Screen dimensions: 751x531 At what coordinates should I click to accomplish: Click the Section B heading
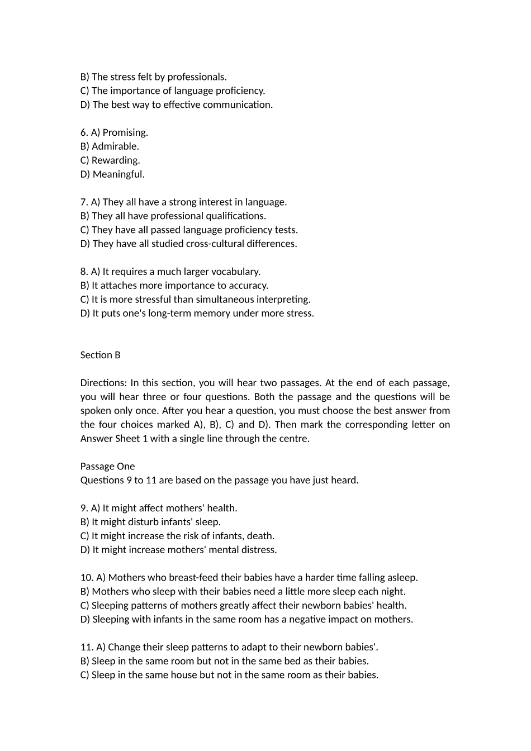click(x=101, y=355)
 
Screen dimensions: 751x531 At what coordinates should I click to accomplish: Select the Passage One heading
click(x=107, y=466)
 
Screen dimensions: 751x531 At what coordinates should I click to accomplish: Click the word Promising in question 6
click(x=125, y=132)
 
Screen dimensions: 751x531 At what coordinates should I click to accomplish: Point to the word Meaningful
click(x=118, y=174)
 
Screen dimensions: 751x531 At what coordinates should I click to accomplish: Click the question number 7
click(x=84, y=202)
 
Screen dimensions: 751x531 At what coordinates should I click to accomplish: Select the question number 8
click(x=84, y=272)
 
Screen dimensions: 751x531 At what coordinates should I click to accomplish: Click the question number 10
click(x=87, y=577)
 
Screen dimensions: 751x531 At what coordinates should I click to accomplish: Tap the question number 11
click(x=87, y=647)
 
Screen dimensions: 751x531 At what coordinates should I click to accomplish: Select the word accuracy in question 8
click(x=249, y=286)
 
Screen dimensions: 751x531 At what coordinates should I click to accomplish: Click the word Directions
click(x=104, y=383)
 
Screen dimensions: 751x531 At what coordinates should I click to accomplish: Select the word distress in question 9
click(x=259, y=550)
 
